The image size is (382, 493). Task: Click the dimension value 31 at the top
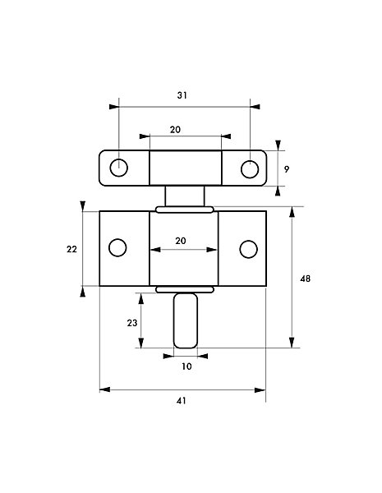coord(182,95)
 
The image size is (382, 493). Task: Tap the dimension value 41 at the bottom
coord(182,401)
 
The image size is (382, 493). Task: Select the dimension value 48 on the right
coord(305,279)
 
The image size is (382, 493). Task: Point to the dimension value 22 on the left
coord(71,249)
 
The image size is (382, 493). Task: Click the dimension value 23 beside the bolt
coord(132,323)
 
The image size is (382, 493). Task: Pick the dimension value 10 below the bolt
coord(186,366)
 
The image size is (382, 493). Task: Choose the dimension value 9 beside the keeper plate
coord(287,169)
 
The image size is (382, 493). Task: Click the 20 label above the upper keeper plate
coord(175,130)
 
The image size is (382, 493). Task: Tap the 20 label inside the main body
coord(181,241)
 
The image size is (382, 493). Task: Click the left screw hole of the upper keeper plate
coord(119,168)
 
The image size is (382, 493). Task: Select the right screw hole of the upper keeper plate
coord(250,169)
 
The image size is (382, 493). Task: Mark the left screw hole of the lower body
coord(118,247)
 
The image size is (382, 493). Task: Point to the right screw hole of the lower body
coord(249,249)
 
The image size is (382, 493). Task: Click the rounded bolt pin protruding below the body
coord(186,320)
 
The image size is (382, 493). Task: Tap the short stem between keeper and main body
coord(185,196)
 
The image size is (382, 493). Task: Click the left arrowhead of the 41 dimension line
coord(104,389)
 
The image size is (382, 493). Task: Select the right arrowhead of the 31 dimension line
coord(255,107)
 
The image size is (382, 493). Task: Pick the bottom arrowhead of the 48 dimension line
coord(292,343)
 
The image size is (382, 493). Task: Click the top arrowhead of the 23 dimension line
coord(141,298)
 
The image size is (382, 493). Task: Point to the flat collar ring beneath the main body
coord(185,289)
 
